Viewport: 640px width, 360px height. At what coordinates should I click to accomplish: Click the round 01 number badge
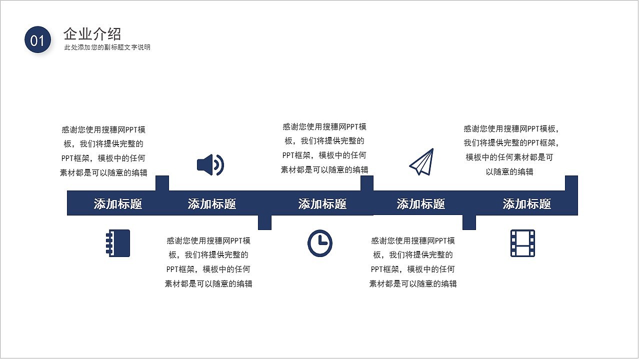pyautogui.click(x=38, y=40)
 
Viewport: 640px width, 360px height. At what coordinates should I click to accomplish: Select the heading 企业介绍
pyautogui.click(x=92, y=34)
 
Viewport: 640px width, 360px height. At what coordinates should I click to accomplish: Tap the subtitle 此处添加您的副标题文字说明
pyautogui.click(x=107, y=47)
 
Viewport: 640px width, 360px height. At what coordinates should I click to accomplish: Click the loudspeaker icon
pyautogui.click(x=210, y=164)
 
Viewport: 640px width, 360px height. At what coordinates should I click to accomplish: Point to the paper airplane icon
pyautogui.click(x=421, y=161)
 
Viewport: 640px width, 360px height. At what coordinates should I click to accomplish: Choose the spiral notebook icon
pyautogui.click(x=118, y=243)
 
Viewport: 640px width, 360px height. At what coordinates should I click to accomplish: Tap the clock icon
pyautogui.click(x=319, y=243)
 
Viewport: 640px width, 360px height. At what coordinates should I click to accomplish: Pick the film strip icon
pyautogui.click(x=522, y=243)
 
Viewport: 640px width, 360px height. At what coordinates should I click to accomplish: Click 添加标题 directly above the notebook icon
pyautogui.click(x=118, y=204)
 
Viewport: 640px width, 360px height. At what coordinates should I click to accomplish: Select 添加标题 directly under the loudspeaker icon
pyautogui.click(x=212, y=204)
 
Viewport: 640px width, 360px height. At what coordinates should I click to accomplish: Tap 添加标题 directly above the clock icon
pyautogui.click(x=322, y=204)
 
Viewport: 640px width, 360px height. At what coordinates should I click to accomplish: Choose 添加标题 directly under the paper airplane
pyautogui.click(x=421, y=204)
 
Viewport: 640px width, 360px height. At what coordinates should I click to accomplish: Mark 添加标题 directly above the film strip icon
pyautogui.click(x=527, y=204)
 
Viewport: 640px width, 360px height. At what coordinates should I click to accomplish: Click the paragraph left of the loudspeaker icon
pyautogui.click(x=103, y=151)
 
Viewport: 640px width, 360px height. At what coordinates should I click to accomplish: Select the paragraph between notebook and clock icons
pyautogui.click(x=208, y=262)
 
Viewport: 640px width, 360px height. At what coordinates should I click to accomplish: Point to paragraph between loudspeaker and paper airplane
pyautogui.click(x=324, y=148)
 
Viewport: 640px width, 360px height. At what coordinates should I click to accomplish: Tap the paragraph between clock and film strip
pyautogui.click(x=413, y=262)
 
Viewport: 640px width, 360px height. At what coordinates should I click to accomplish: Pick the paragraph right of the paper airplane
pyautogui.click(x=510, y=150)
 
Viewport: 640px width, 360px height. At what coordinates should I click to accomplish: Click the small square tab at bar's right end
pyautogui.click(x=571, y=183)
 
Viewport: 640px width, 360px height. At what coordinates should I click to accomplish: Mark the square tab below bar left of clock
pyautogui.click(x=265, y=222)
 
